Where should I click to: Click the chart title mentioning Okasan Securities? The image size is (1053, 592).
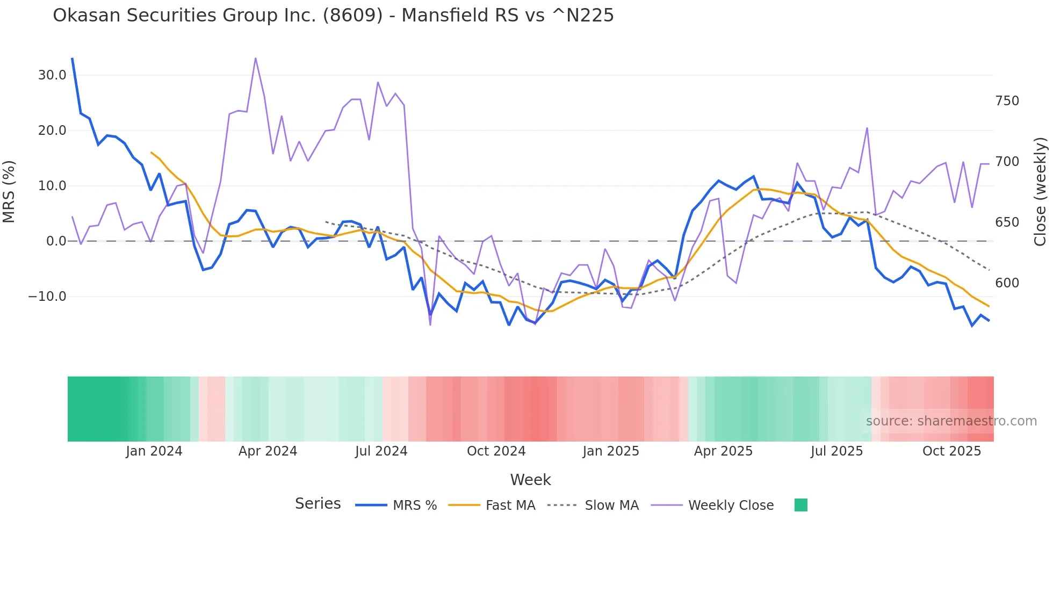pyautogui.click(x=333, y=16)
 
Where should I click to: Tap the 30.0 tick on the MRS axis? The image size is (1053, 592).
pyautogui.click(x=52, y=75)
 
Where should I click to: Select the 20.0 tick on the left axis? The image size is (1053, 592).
pyautogui.click(x=52, y=131)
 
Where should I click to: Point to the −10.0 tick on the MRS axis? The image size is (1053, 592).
pyautogui.click(x=47, y=297)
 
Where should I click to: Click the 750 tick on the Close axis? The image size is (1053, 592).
pyautogui.click(x=1007, y=101)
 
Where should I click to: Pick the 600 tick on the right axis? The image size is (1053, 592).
pyautogui.click(x=1007, y=283)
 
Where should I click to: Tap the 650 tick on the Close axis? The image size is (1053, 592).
pyautogui.click(x=1007, y=222)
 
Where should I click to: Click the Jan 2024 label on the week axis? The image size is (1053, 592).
pyautogui.click(x=154, y=451)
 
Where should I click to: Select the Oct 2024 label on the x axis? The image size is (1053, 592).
pyautogui.click(x=496, y=451)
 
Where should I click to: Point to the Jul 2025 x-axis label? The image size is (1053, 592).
pyautogui.click(x=836, y=451)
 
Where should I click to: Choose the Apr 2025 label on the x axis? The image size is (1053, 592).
pyautogui.click(x=723, y=451)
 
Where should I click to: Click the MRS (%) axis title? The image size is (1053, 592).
pyautogui.click(x=9, y=191)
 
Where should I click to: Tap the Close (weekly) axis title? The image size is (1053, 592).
pyautogui.click(x=1041, y=191)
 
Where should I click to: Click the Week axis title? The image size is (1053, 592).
pyautogui.click(x=530, y=480)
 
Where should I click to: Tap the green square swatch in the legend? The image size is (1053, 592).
pyautogui.click(x=800, y=505)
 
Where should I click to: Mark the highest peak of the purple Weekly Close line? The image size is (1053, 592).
pyautogui.click(x=256, y=58)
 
